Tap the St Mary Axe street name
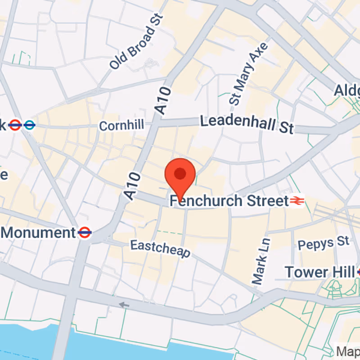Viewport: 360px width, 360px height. (x=248, y=74)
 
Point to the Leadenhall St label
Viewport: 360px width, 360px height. (x=247, y=124)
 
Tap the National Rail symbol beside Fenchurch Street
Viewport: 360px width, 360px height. (x=297, y=201)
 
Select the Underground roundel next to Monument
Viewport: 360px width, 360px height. (x=85, y=232)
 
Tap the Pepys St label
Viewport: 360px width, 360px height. (x=323, y=243)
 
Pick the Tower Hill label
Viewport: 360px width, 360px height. (x=319, y=272)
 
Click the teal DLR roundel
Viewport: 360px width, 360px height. (x=30, y=125)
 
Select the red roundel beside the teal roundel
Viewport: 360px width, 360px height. (x=15, y=125)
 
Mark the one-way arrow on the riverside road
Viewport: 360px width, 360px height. (x=124, y=305)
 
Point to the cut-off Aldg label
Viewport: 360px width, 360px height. (x=347, y=90)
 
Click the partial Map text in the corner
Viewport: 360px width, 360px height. (x=349, y=351)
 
